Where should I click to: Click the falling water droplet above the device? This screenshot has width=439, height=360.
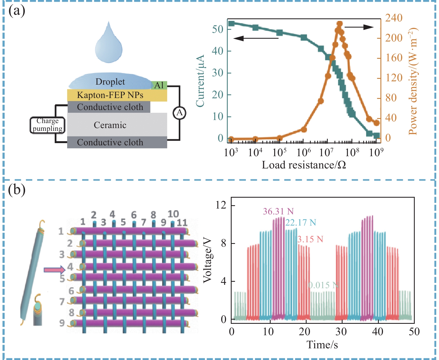[109, 45]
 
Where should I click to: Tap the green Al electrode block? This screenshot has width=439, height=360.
[159, 85]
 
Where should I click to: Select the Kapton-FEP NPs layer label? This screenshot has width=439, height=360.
[110, 95]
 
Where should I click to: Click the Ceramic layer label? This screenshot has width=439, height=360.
[110, 125]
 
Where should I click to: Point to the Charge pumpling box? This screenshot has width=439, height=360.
[48, 125]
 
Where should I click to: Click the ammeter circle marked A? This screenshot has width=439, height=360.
[180, 113]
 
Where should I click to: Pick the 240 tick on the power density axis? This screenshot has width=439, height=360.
[394, 18]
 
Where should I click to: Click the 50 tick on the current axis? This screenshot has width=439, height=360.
[217, 29]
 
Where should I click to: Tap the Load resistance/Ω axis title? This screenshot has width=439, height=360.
[304, 165]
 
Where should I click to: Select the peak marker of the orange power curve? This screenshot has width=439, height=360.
[339, 24]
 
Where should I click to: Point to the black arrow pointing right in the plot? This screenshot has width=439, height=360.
[360, 27]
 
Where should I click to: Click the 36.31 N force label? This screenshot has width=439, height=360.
[278, 211]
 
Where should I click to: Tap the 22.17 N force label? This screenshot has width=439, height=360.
[301, 222]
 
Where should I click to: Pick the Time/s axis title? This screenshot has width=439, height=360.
[322, 345]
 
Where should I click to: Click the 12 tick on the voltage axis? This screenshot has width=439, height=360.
[221, 205]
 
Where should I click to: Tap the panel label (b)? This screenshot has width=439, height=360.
[17, 190]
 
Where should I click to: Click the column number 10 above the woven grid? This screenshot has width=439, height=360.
[173, 214]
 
